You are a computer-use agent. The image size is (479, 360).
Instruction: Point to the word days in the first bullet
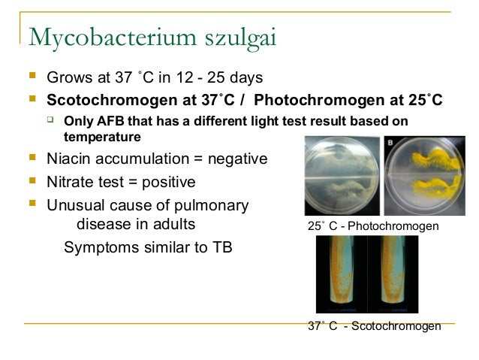coord(245,77)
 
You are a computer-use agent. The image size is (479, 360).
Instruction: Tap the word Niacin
coord(68,159)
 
